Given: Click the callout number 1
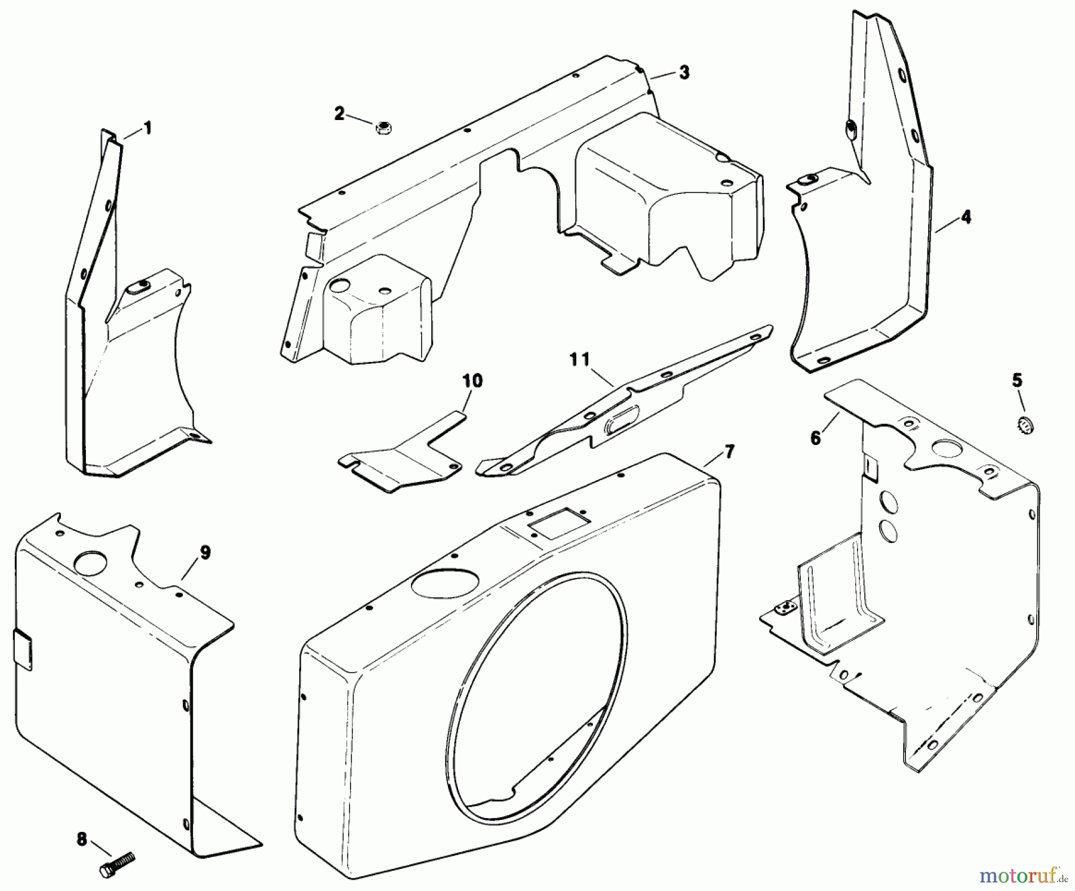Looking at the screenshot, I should [147, 128].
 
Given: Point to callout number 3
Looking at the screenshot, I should [684, 72].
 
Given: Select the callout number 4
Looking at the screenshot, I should [966, 217].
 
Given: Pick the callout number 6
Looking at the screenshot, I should [816, 438].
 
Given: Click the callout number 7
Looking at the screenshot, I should [729, 451].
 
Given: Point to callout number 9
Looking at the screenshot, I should [205, 552].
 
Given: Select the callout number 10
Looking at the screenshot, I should [472, 380].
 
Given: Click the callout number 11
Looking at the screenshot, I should [579, 359].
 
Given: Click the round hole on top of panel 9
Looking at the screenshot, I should [90, 561].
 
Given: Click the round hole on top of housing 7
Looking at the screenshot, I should [445, 582].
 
